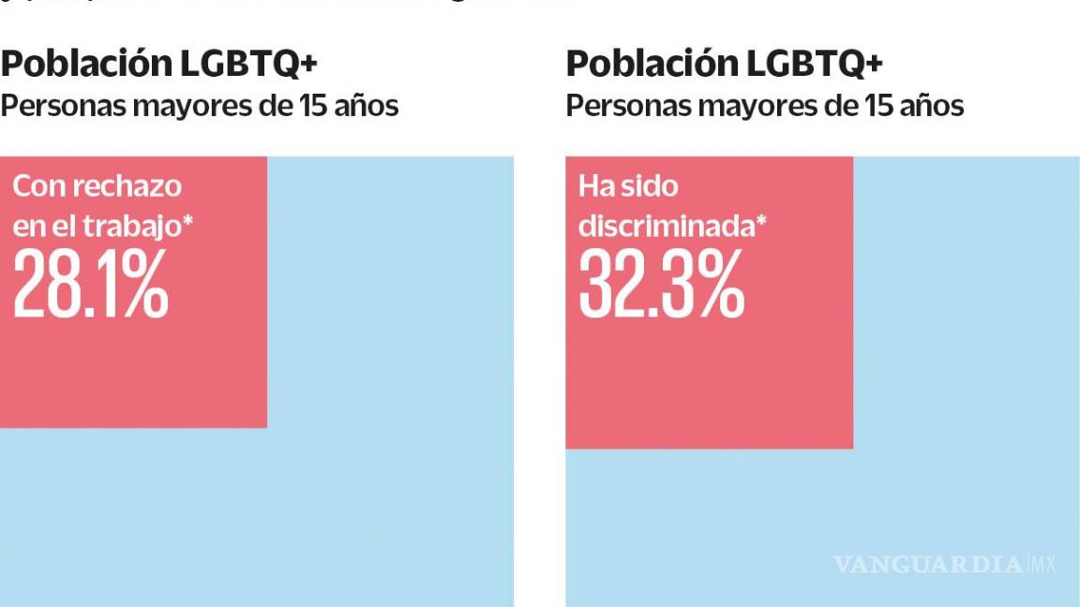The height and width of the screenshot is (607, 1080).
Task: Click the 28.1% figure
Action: [91, 283]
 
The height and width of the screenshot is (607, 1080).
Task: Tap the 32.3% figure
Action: [661, 283]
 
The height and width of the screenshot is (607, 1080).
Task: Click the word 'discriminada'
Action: [666, 227]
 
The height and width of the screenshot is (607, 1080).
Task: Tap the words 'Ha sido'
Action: [627, 185]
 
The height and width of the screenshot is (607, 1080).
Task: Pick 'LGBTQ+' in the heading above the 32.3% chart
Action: [815, 64]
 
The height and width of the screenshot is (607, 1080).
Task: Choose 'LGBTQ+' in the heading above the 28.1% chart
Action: [248, 64]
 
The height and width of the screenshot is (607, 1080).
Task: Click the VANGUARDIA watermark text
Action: [927, 564]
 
